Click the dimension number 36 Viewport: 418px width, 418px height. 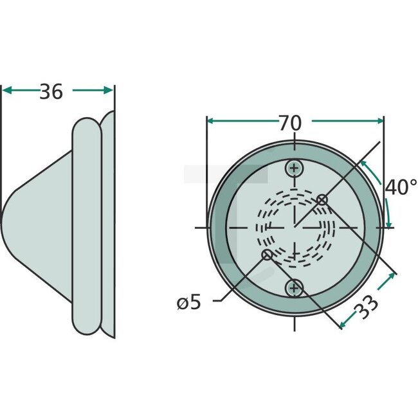tap(51, 92)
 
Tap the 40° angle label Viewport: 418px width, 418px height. tap(401, 187)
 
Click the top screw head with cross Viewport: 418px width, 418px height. tap(295, 169)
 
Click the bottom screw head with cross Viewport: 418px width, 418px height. tap(295, 287)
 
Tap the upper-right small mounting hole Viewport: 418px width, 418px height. tap(322, 200)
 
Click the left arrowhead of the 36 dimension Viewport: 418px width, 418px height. tap(6, 91)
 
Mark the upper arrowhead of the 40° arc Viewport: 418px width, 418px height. tap(364, 164)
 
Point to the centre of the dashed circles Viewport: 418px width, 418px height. tap(295, 228)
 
